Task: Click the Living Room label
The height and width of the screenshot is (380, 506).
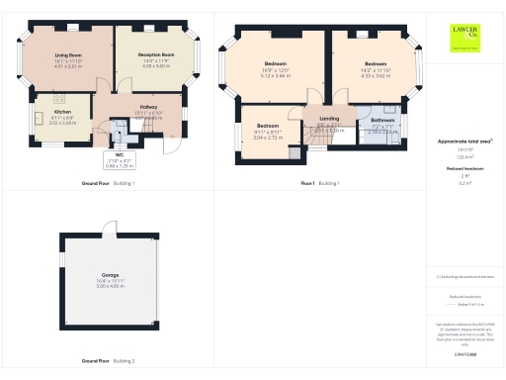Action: pyautogui.click(x=68, y=55)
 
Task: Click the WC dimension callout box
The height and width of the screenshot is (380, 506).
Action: pyautogui.click(x=118, y=161)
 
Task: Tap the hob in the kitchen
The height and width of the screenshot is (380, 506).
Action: pyautogui.click(x=59, y=98)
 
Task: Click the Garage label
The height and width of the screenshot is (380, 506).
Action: pyautogui.click(x=110, y=274)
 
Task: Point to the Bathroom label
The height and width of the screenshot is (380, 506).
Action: pyautogui.click(x=382, y=120)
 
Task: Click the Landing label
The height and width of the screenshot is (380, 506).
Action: pyautogui.click(x=328, y=120)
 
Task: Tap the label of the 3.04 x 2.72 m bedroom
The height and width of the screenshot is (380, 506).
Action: pyautogui.click(x=268, y=126)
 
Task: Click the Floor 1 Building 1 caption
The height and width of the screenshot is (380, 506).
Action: pyautogui.click(x=319, y=183)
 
